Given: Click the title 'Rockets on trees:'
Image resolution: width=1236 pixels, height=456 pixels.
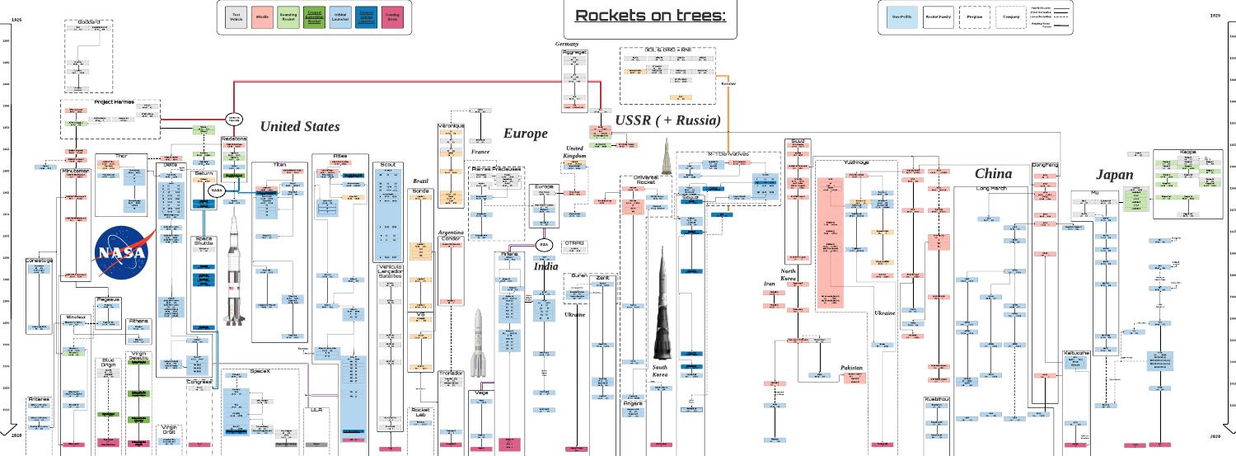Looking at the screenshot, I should pyautogui.click(x=648, y=16).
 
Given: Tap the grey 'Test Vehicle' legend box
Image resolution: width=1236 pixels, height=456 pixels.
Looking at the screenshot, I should pyautogui.click(x=237, y=16).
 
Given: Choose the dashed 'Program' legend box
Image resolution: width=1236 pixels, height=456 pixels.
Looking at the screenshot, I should pyautogui.click(x=976, y=16).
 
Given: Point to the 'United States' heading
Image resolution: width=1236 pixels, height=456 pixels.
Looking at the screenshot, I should pyautogui.click(x=299, y=126).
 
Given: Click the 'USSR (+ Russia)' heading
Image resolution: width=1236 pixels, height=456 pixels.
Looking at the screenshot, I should pyautogui.click(x=667, y=121).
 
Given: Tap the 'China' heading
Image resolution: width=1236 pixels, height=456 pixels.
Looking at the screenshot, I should pyautogui.click(x=993, y=173).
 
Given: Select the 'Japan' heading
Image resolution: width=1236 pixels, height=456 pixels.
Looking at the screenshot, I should pyautogui.click(x=1114, y=175).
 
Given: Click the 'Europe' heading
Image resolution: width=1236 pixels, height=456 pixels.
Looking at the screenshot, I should pyautogui.click(x=525, y=134).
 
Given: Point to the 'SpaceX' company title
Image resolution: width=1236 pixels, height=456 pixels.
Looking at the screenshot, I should pyautogui.click(x=260, y=372).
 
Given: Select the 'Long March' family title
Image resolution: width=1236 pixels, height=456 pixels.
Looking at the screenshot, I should pyautogui.click(x=993, y=189).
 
